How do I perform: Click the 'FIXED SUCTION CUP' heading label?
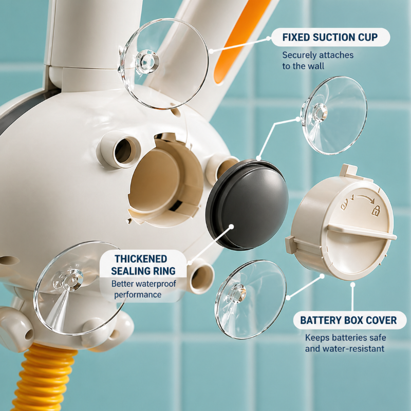[x=330, y=37]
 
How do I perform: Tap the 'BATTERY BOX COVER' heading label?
[x=348, y=320]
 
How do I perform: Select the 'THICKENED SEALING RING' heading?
[x=143, y=265]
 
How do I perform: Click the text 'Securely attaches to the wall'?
[x=317, y=61]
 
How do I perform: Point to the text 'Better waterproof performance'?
[x=143, y=289]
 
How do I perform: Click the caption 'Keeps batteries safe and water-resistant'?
[x=345, y=343]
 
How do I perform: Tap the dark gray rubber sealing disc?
[x=247, y=204]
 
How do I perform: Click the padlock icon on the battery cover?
[x=376, y=210]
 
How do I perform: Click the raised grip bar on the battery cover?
[x=362, y=231]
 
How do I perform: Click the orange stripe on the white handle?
[x=241, y=40]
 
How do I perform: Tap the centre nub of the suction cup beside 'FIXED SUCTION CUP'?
[x=147, y=62]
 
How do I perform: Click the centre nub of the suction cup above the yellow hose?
[x=71, y=281]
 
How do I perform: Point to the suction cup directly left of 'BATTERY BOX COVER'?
[x=250, y=300]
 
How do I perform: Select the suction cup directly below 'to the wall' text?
[x=334, y=115]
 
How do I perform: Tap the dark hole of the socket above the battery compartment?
[x=123, y=151]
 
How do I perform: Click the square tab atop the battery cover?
[x=349, y=171]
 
